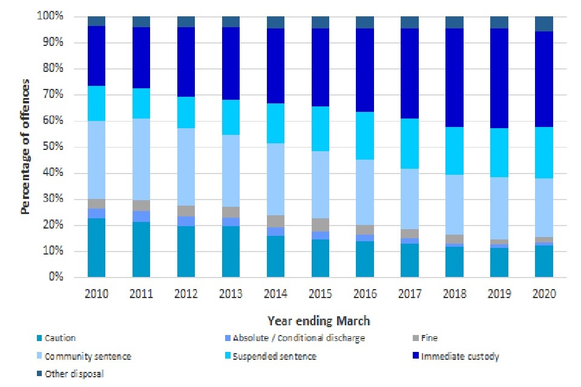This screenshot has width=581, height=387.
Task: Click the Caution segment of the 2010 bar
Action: (x=96, y=247)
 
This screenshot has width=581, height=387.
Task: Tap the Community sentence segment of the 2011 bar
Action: (x=141, y=159)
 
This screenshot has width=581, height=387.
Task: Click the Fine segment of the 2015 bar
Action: (x=320, y=224)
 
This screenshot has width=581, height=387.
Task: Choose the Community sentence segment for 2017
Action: (x=410, y=199)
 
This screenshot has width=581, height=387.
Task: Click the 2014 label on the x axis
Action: (x=275, y=293)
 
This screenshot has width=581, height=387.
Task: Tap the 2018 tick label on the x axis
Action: (x=455, y=293)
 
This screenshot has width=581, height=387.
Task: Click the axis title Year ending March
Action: (x=319, y=320)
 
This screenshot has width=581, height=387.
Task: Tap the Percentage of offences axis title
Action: (x=26, y=148)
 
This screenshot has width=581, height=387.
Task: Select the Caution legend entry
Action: (x=59, y=339)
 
